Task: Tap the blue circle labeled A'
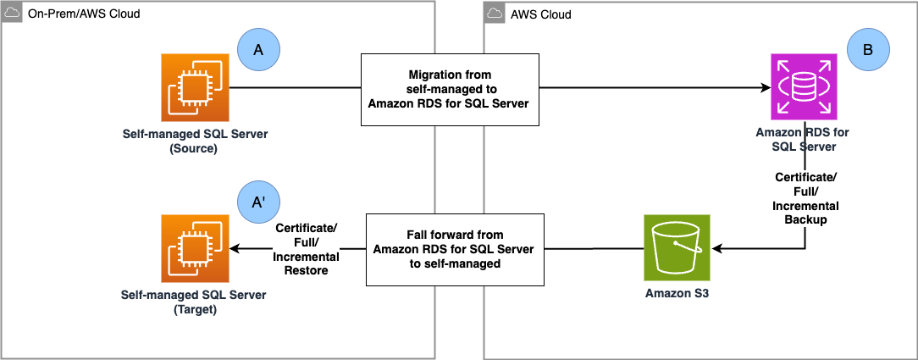point(257,203)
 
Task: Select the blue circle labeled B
point(867,51)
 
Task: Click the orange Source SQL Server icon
point(194,86)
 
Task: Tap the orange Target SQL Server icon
point(194,248)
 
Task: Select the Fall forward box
point(454,250)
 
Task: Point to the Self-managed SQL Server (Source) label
point(194,141)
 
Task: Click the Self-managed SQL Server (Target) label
point(194,302)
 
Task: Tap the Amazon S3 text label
point(676,293)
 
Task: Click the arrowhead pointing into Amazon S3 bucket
point(716,249)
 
